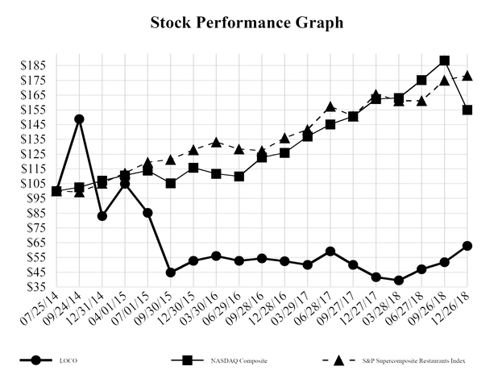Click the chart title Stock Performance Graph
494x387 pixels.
click(247, 23)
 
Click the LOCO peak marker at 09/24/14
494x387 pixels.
click(79, 119)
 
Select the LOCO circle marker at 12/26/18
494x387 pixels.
click(467, 245)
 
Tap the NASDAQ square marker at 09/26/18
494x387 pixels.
click(444, 60)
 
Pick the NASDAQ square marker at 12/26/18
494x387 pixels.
click(467, 110)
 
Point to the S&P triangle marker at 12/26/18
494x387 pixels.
click(467, 77)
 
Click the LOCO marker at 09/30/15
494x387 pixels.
click(171, 273)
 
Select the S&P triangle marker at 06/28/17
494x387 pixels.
click(330, 106)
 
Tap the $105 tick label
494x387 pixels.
click(34, 183)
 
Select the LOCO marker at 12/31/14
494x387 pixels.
click(102, 216)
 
